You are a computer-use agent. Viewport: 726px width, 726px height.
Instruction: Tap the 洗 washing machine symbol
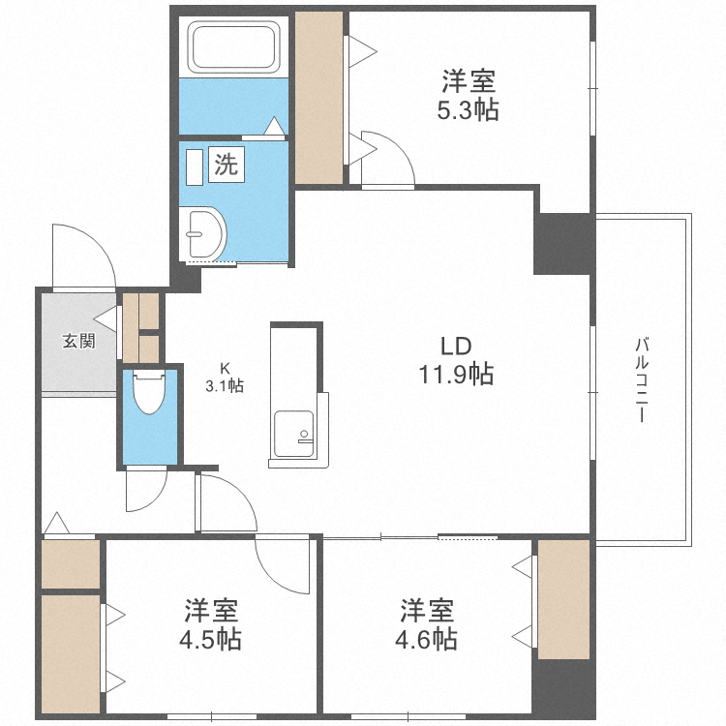(x=226, y=165)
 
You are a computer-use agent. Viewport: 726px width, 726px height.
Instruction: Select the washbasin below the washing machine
(x=205, y=233)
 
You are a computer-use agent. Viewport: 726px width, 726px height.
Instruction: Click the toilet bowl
(x=149, y=391)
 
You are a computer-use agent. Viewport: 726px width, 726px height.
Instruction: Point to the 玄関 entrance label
(x=79, y=341)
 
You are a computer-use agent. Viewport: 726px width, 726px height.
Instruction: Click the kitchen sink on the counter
(x=293, y=430)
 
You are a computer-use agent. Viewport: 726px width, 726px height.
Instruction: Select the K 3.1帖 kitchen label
(x=224, y=377)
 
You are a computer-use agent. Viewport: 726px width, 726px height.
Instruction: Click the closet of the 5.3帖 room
(x=318, y=96)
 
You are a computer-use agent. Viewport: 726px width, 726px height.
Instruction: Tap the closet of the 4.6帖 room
(x=563, y=598)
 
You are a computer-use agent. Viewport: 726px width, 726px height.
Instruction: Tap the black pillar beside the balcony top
(x=564, y=242)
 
